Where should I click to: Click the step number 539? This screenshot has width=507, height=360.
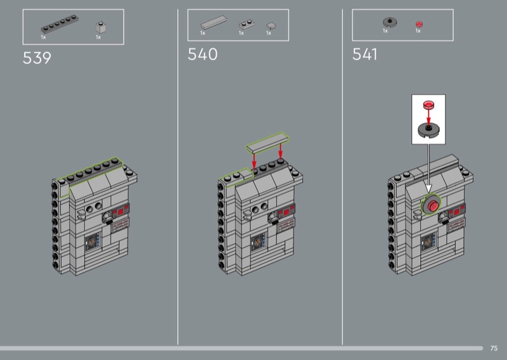tap(37, 58)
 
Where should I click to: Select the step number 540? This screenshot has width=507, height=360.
tap(202, 55)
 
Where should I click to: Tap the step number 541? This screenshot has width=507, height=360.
tap(364, 55)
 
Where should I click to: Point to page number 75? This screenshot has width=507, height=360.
tap(494, 348)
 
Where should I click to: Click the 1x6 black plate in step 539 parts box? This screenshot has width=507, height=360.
tap(60, 24)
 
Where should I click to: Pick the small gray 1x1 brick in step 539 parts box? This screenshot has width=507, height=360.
tap(101, 27)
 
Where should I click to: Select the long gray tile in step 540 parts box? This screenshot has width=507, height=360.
tap(214, 23)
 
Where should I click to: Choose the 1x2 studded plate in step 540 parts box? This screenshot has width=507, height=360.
tap(247, 25)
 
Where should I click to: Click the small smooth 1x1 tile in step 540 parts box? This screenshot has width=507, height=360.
tap(271, 25)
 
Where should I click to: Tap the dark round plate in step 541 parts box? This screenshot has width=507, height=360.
tap(390, 22)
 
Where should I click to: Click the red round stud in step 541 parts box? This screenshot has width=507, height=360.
tap(419, 24)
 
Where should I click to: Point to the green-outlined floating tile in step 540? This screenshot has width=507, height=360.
tap(267, 143)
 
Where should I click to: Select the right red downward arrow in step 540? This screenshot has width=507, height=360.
tap(280, 151)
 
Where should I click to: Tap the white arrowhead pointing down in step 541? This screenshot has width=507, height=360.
tap(429, 190)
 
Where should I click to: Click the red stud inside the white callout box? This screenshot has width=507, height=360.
tap(428, 105)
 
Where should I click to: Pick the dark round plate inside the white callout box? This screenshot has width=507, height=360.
tap(428, 130)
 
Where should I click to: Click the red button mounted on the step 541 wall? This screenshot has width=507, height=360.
tap(433, 206)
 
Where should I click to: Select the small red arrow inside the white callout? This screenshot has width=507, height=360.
tap(428, 117)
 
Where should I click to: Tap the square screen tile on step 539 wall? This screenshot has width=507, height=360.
tap(93, 242)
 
